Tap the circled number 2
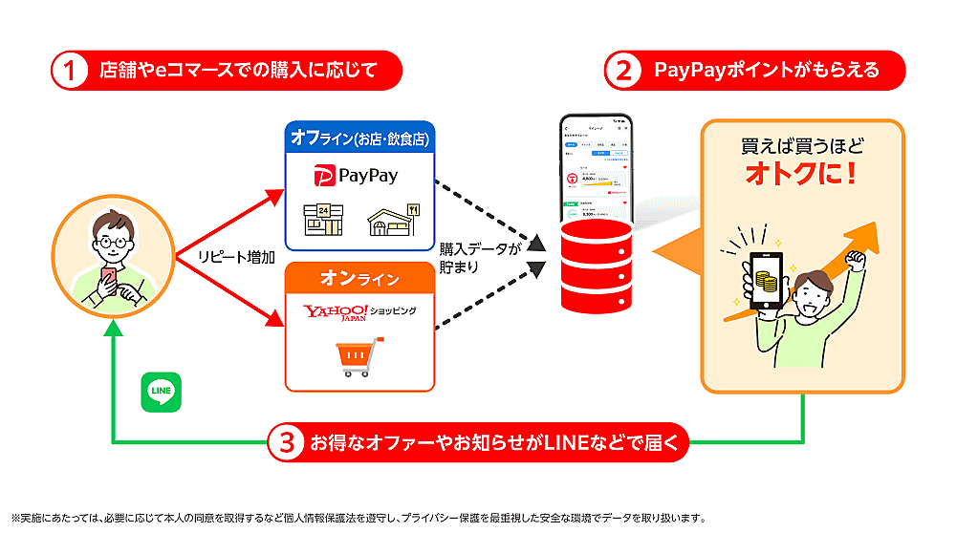click(x=622, y=70)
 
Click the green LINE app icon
click(x=160, y=392)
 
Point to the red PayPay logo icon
click(x=326, y=176)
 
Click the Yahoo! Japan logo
click(x=336, y=311)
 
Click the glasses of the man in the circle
click(x=112, y=240)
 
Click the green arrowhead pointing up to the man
click(x=114, y=328)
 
